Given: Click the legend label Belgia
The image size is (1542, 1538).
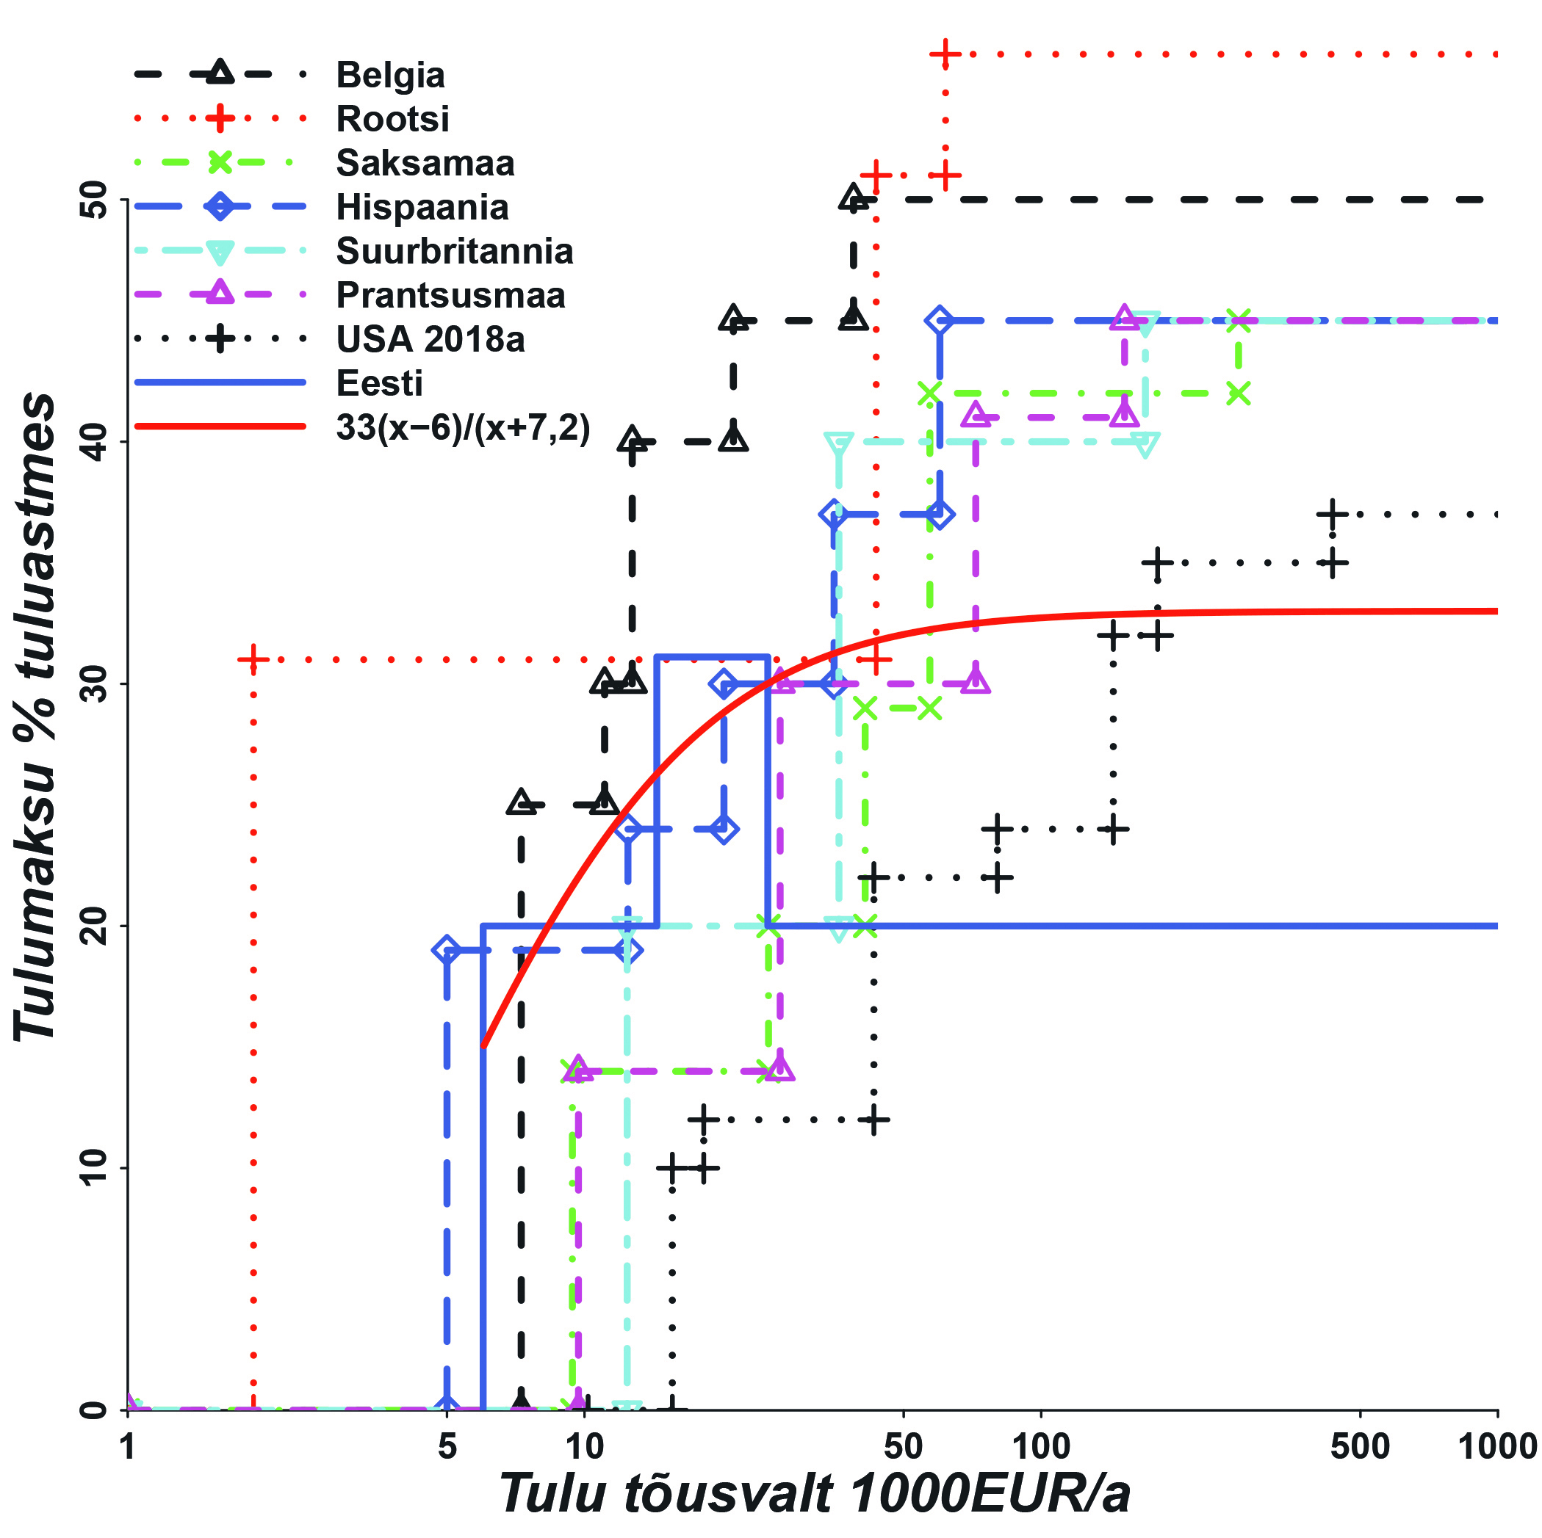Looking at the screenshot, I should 389,75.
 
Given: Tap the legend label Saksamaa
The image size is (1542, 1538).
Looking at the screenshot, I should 425,163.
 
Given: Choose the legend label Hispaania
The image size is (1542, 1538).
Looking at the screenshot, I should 422,208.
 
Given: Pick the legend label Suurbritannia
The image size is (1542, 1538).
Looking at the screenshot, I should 454,251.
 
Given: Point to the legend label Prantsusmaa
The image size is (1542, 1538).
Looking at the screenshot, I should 450,295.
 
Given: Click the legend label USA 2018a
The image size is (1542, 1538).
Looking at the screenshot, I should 430,339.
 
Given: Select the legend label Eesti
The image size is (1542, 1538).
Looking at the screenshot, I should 379,384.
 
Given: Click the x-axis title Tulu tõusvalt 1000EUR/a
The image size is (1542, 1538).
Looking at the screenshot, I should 814,1493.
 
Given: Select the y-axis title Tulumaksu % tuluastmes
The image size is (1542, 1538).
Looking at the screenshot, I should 36,718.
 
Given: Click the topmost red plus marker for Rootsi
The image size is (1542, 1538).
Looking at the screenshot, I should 945,54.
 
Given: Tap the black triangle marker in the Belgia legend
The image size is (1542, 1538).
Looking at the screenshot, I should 220,73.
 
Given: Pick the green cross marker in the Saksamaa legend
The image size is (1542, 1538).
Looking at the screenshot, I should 220,163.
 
